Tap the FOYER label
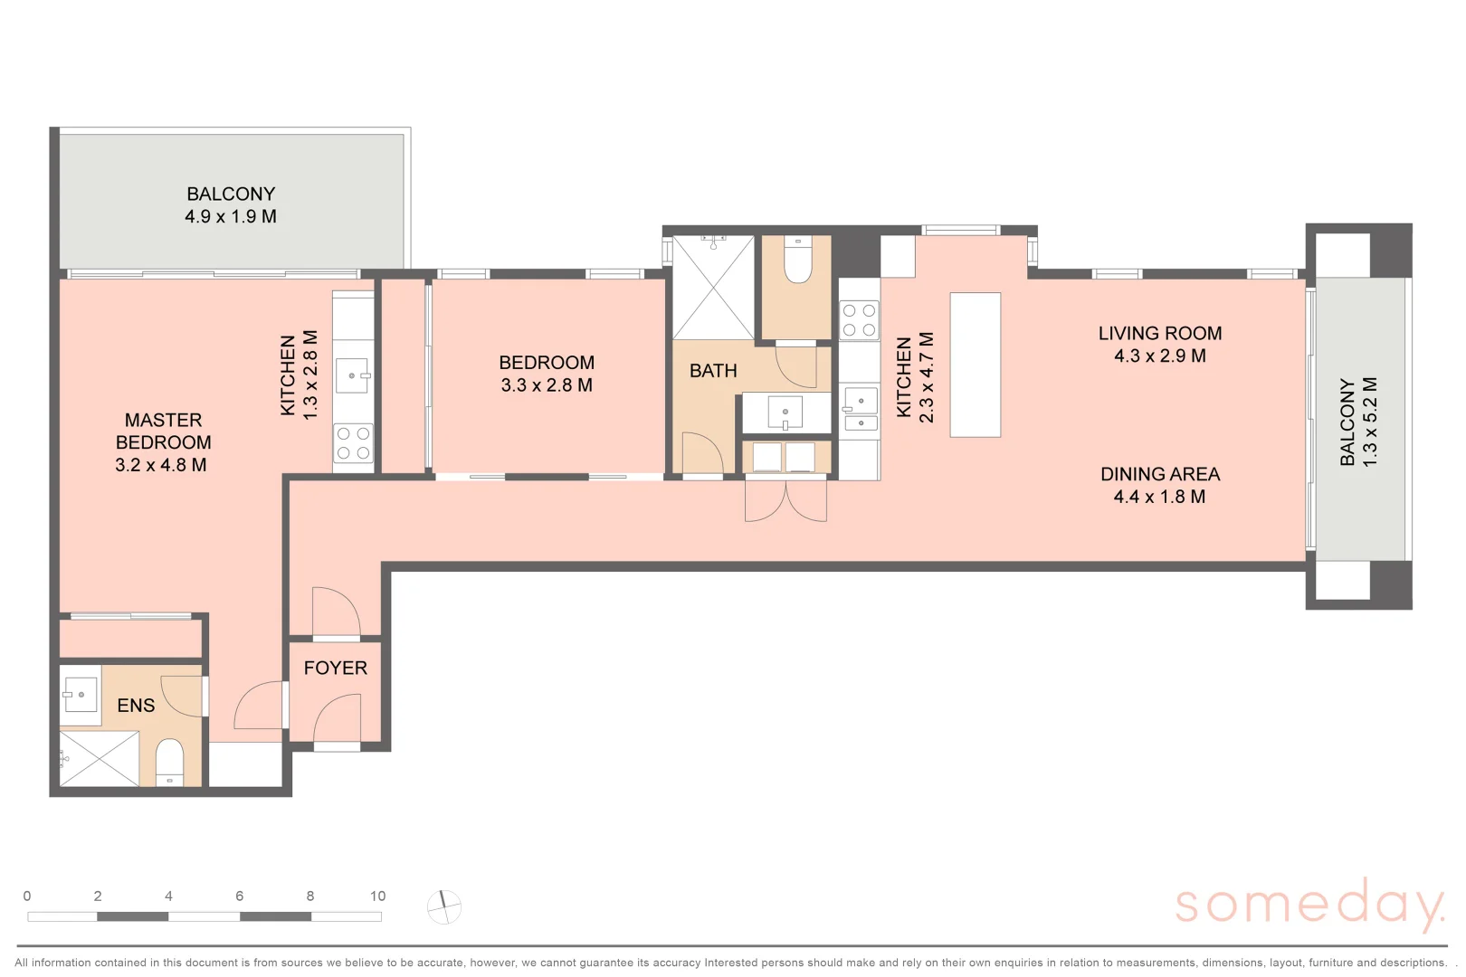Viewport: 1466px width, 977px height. [335, 669]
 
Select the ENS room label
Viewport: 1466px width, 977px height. [136, 706]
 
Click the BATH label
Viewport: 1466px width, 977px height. [713, 371]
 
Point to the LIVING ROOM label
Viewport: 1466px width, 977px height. [1160, 334]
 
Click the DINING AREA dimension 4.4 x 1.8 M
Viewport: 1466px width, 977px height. [1159, 497]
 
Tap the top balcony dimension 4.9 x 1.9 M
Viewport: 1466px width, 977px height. [231, 216]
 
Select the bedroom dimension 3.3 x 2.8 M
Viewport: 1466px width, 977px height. [547, 385]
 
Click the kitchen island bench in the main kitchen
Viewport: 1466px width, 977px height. [975, 365]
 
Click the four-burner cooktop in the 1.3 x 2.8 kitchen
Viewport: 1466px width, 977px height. [353, 443]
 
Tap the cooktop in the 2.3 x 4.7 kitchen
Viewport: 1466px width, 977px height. [859, 319]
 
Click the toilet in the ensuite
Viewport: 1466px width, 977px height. [170, 762]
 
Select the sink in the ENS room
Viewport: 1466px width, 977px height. [80, 695]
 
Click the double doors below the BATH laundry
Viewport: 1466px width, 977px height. [785, 500]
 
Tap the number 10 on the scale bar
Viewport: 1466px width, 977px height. [377, 896]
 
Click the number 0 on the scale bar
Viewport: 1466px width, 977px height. [27, 896]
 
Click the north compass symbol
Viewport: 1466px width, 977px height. [444, 906]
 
